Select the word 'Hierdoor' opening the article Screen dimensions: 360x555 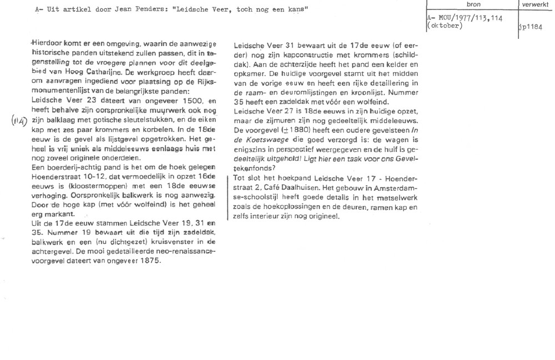pos(48,44)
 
